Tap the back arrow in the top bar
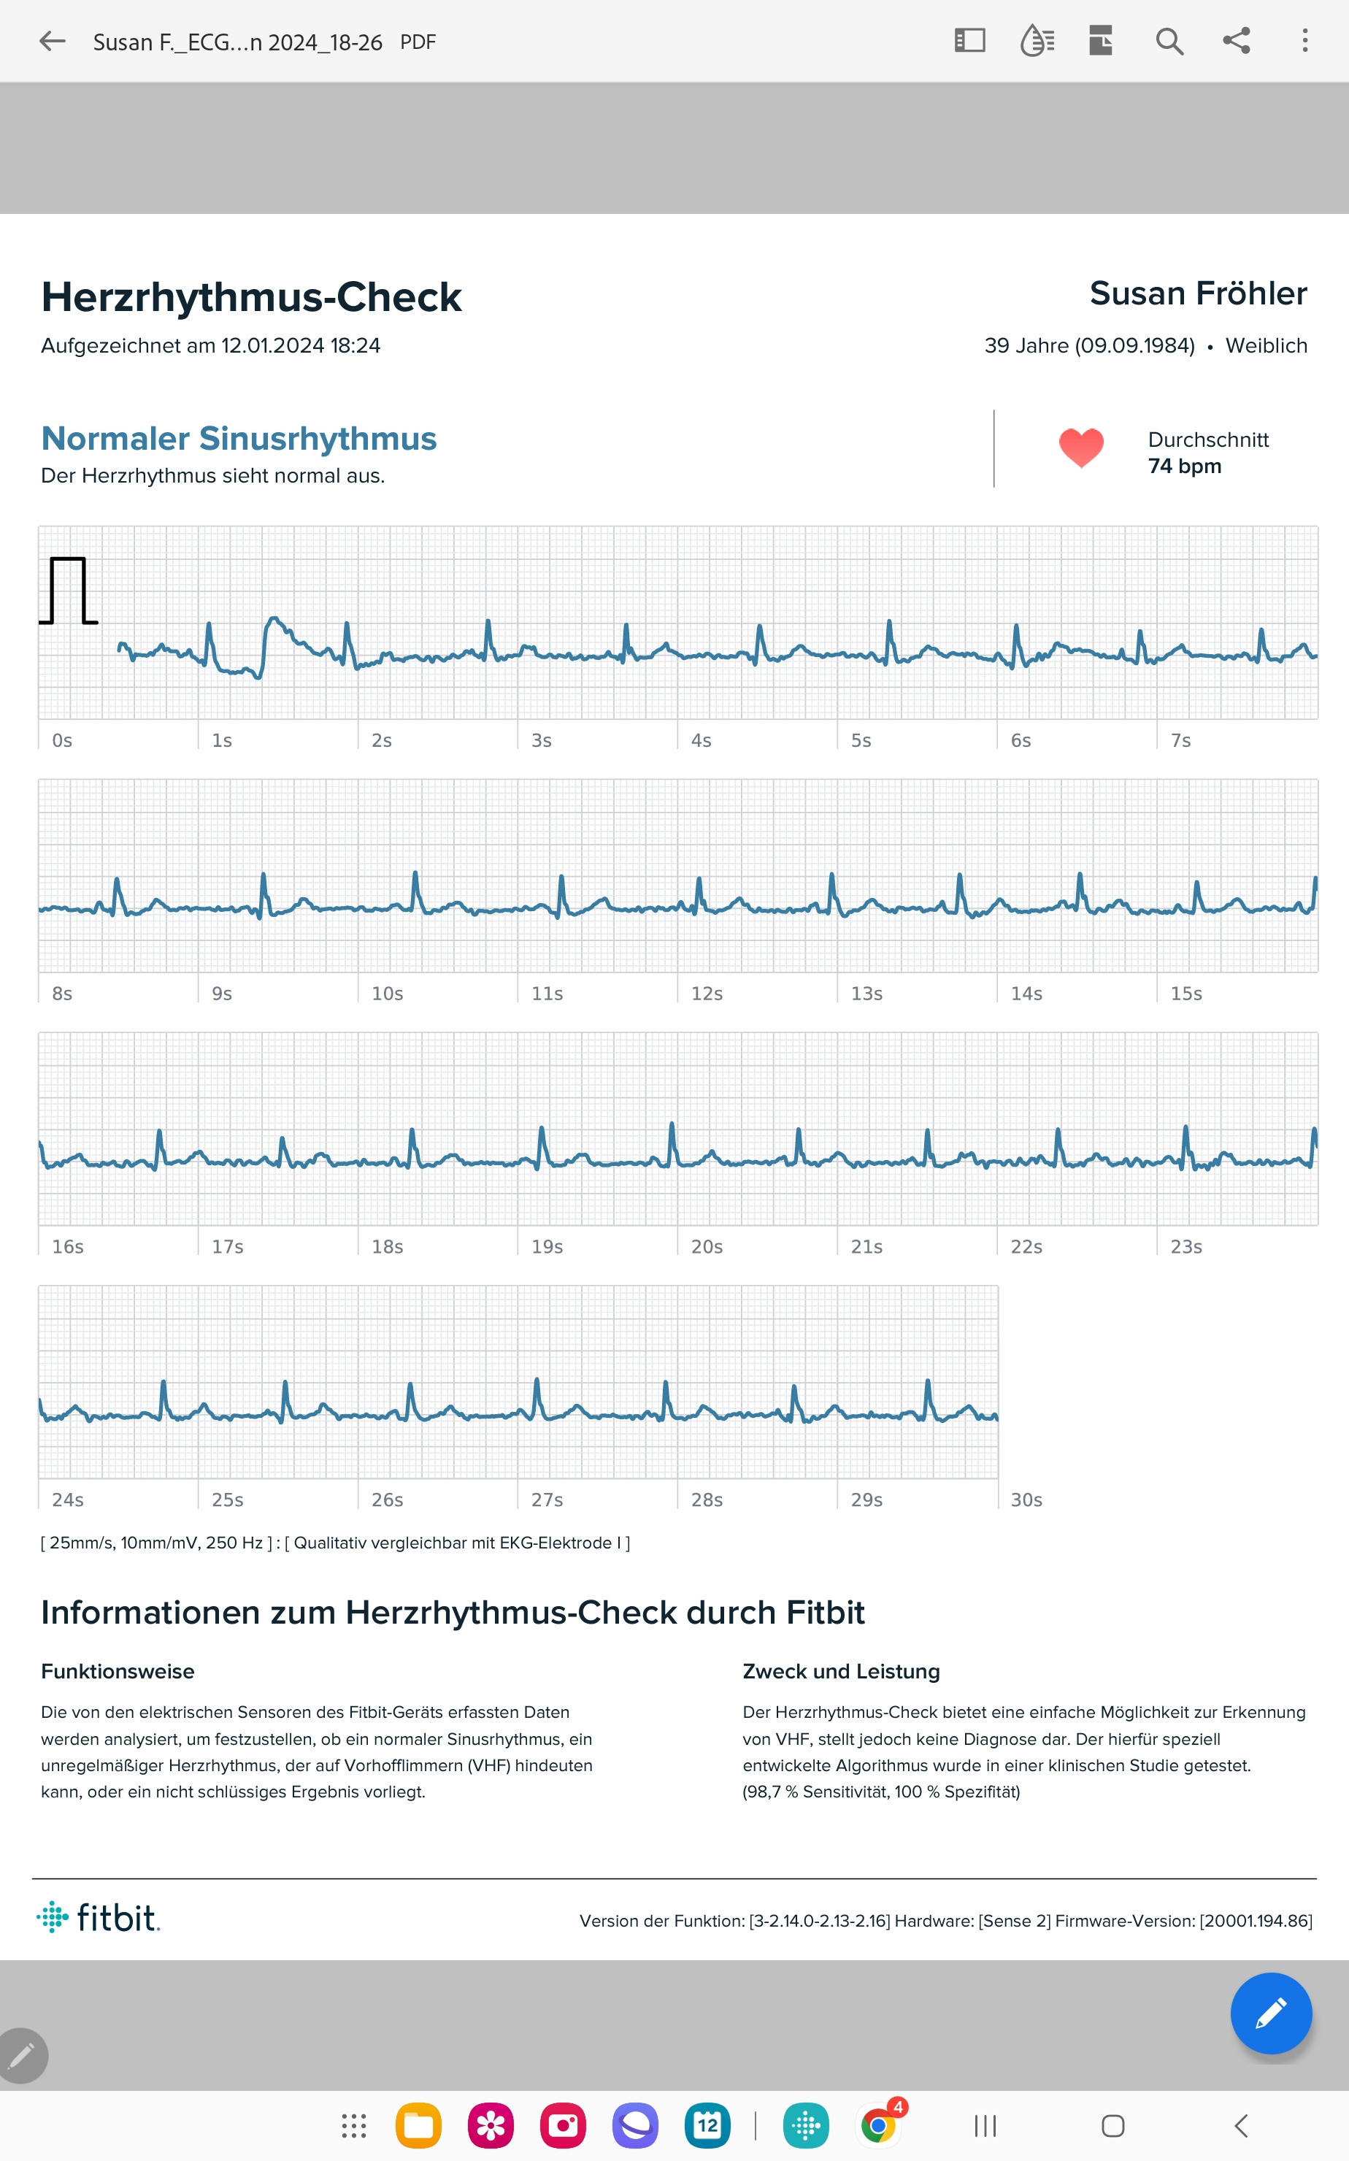[53, 41]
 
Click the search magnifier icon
[1169, 41]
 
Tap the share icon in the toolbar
[1236, 41]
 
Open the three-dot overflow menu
[1304, 41]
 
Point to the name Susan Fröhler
[1197, 293]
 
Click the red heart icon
[1080, 447]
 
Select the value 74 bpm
[1184, 467]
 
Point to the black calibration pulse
[68, 590]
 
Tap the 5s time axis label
[860, 740]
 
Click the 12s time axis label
[707, 994]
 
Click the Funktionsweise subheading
[118, 1671]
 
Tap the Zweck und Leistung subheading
[840, 1671]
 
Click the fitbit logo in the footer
[98, 1917]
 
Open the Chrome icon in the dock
[879, 2126]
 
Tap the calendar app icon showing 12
[707, 2126]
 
